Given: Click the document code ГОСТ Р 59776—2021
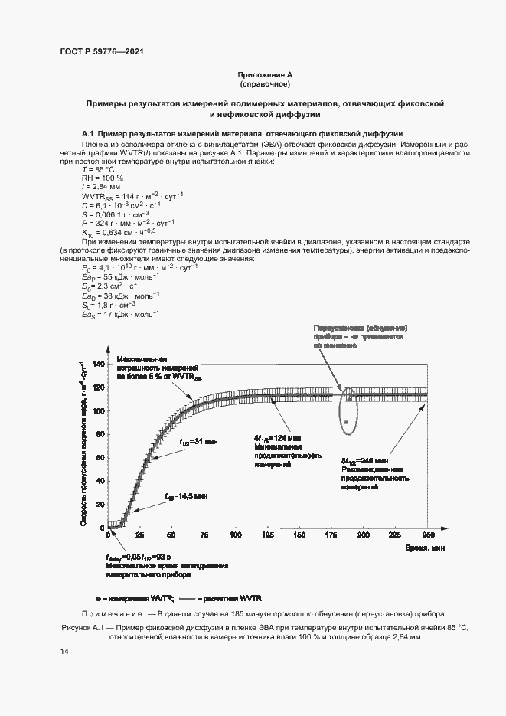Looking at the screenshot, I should point(101,52).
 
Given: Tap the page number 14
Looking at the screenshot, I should point(64,651).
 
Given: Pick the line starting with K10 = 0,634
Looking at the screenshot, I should point(119,232).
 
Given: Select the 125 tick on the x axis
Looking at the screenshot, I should point(268,534).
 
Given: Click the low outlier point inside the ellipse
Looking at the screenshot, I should point(347,422).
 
